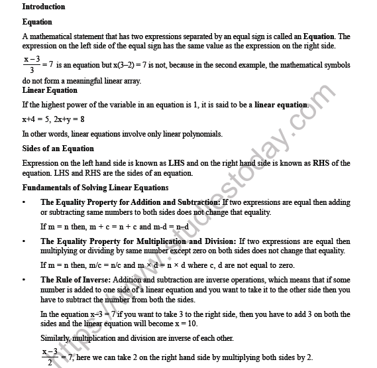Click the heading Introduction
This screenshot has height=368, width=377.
pos(44,7)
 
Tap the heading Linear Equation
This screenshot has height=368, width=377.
pos(50,90)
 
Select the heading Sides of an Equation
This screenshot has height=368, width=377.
pos(58,149)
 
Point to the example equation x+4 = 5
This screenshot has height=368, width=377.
pos(37,119)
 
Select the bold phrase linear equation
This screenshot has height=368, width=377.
pos(282,105)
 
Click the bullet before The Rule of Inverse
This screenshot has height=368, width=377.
pos(25,280)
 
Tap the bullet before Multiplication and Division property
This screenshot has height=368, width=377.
pos(25,241)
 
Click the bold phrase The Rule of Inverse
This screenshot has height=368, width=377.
pos(76,280)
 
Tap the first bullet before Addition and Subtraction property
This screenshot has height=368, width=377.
pos(25,202)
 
